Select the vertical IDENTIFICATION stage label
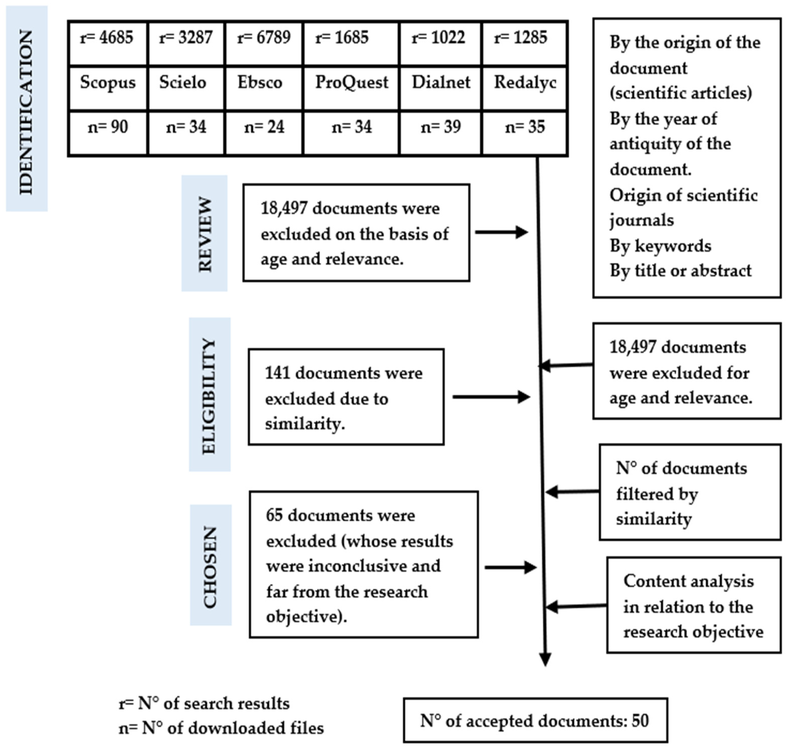(26, 112)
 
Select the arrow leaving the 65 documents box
(510, 567)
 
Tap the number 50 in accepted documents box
(640, 721)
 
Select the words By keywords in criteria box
(660, 246)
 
